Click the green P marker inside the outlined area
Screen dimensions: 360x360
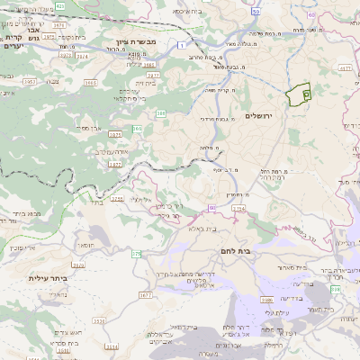pos(306,93)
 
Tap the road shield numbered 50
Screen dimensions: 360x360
pos(256,12)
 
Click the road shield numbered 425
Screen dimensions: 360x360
pos(60,5)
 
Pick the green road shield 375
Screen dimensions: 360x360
pos(137,255)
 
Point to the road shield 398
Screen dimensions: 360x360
pos(265,300)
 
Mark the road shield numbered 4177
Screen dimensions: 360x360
pos(346,67)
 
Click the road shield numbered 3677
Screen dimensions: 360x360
pos(145,294)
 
